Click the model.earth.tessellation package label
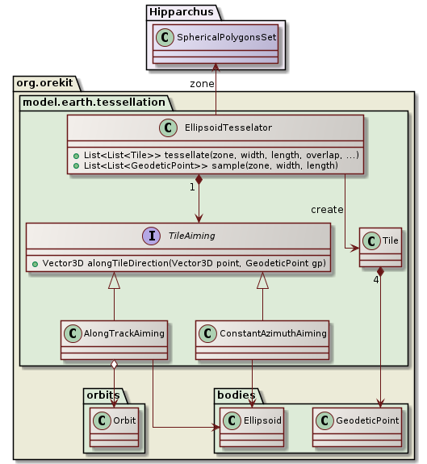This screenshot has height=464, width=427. point(93,101)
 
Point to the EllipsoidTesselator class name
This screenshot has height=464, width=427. point(228,127)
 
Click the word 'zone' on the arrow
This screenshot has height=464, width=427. point(202,83)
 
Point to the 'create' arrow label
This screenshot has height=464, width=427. point(327,210)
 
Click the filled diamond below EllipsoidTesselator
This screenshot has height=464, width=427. point(199,180)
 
